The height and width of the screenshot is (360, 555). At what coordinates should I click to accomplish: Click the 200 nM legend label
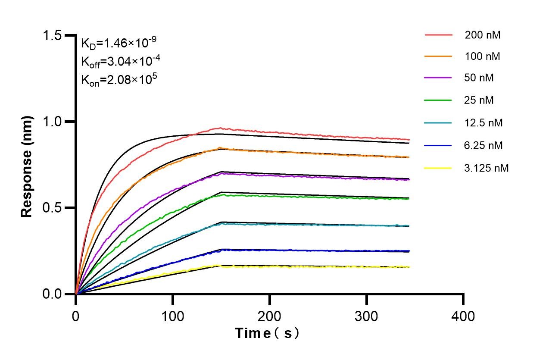pyautogui.click(x=482, y=35)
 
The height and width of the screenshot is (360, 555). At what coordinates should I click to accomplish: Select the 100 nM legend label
pyautogui.click(x=482, y=57)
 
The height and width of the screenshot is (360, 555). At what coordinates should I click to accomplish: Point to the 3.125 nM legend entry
pyautogui.click(x=486, y=168)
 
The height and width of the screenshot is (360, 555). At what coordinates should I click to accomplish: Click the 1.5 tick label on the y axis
pyautogui.click(x=54, y=35)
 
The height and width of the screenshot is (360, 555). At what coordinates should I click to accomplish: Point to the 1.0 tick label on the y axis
pyautogui.click(x=54, y=122)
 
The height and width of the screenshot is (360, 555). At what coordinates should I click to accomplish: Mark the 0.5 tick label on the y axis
pyautogui.click(x=54, y=208)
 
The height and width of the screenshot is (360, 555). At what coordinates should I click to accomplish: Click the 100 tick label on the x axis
pyautogui.click(x=173, y=316)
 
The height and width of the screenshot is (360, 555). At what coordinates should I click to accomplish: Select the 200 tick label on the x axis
pyautogui.click(x=270, y=316)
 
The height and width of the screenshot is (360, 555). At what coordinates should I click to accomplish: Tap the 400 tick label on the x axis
pyautogui.click(x=463, y=316)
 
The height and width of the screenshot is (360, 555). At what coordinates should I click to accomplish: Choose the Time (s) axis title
pyautogui.click(x=267, y=333)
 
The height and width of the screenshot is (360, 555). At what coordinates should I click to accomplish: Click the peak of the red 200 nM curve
pyautogui.click(x=220, y=128)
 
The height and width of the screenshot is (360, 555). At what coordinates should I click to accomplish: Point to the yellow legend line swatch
pyautogui.click(x=439, y=168)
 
